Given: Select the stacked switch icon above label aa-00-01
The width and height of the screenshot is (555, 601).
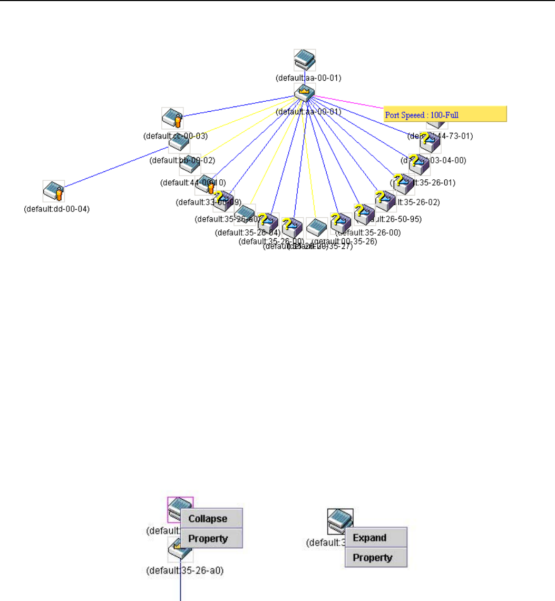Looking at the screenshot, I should [305, 60].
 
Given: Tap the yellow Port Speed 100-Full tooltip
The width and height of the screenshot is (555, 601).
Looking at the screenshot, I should [445, 114].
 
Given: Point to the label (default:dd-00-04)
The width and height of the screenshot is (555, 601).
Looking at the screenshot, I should [57, 209].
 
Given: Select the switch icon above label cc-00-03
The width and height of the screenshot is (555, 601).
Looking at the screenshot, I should [172, 118].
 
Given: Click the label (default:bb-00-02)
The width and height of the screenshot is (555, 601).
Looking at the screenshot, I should [182, 160].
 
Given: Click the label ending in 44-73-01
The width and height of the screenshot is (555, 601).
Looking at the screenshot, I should [441, 136].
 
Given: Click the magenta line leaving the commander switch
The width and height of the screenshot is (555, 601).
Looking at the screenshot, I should [348, 103].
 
